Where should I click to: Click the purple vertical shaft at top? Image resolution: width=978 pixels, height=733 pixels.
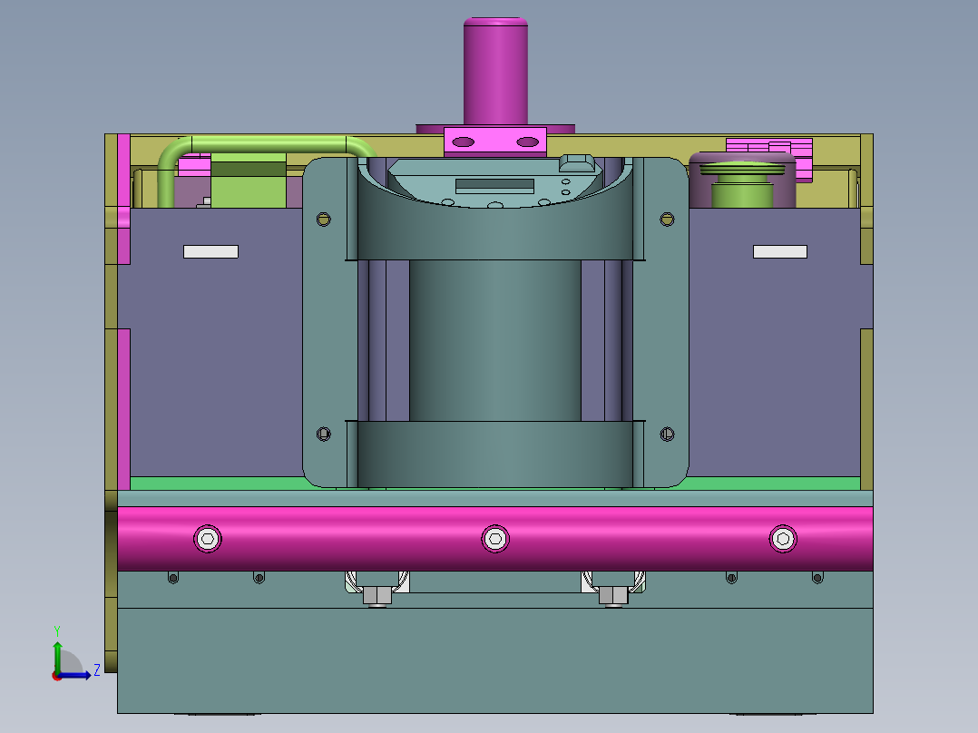pos(495,73)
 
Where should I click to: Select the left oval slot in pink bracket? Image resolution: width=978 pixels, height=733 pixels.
pos(463,142)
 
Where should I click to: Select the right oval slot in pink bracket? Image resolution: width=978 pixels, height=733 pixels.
pos(527,142)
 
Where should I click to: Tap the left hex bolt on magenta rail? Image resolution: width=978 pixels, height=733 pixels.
pos(209,538)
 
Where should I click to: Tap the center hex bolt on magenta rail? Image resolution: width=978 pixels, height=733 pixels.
pos(495,538)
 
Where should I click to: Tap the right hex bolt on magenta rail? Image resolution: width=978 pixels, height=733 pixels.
pos(783,538)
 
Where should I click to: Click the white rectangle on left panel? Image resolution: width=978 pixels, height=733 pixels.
pos(210,251)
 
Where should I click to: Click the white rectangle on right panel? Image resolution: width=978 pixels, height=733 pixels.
pos(780,251)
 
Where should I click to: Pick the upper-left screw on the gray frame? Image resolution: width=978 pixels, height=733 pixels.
pos(323,219)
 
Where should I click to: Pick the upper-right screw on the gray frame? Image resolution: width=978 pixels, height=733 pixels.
pos(667,219)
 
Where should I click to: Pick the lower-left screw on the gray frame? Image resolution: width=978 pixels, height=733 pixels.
pos(323,434)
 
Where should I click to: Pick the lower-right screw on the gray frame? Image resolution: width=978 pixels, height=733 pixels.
pos(667,434)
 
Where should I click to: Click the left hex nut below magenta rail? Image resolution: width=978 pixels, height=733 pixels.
pos(377,595)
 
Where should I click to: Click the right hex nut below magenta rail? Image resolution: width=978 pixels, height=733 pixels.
pos(613,595)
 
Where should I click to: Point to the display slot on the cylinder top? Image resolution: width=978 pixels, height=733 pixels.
pos(494,185)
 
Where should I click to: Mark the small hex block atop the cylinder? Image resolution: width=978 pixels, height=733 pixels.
pos(577,163)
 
